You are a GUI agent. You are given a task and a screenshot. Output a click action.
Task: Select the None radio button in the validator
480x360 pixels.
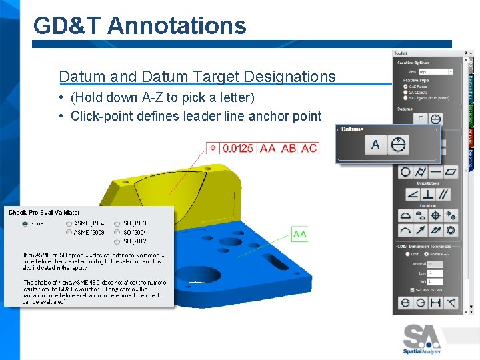pos(25,223)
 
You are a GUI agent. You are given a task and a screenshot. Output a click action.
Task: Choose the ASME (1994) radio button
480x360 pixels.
pos(69,223)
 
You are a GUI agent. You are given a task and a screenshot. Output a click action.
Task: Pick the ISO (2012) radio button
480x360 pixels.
pos(117,241)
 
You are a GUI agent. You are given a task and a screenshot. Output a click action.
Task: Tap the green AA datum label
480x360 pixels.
pos(299,234)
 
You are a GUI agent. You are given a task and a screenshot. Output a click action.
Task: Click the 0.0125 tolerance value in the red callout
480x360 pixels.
pos(237,148)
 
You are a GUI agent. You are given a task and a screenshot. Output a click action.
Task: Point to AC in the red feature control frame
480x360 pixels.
pos(309,148)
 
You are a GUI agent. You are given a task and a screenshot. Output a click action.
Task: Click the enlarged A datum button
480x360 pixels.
pos(375,144)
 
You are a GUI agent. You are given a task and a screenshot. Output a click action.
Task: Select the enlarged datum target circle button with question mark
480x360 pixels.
pos(399,144)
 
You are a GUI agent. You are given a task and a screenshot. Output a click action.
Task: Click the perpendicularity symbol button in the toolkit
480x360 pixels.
pos(428,194)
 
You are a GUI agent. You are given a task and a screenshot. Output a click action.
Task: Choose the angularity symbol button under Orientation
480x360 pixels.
pos(413,194)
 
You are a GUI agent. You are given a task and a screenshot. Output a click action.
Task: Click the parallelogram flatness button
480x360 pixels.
pos(451,172)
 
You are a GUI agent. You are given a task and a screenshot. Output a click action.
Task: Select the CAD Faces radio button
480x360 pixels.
pos(406,86)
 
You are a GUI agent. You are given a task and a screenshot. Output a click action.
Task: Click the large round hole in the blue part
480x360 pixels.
pos(207,274)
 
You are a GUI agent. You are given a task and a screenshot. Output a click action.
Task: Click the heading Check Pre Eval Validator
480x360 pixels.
pos(44,213)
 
